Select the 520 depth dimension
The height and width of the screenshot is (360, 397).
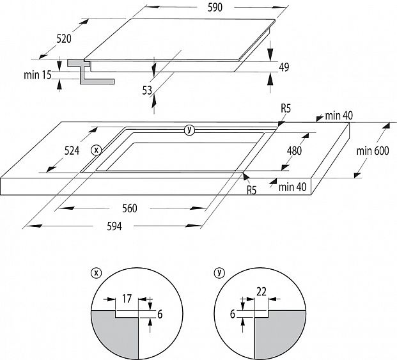coord(63,39)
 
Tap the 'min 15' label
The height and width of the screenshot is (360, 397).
coord(38,75)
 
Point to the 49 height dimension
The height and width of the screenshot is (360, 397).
coord(284,67)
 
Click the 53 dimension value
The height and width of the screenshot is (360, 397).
coord(147,90)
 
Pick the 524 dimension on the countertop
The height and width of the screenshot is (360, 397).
coord(72,151)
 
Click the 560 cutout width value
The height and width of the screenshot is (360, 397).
coord(129,208)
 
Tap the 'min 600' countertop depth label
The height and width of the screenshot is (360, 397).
coord(373,151)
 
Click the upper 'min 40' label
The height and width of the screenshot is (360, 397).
coord(339,116)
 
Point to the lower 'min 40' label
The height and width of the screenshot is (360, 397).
coord(293,186)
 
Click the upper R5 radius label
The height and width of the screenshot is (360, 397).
coord(285,109)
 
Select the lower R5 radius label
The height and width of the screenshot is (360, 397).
coord(251,190)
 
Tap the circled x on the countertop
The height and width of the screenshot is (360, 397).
coord(96,150)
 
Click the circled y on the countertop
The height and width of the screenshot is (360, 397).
coord(189,130)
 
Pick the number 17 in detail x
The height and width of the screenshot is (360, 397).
coord(127,297)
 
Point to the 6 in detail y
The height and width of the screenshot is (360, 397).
coord(233,314)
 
